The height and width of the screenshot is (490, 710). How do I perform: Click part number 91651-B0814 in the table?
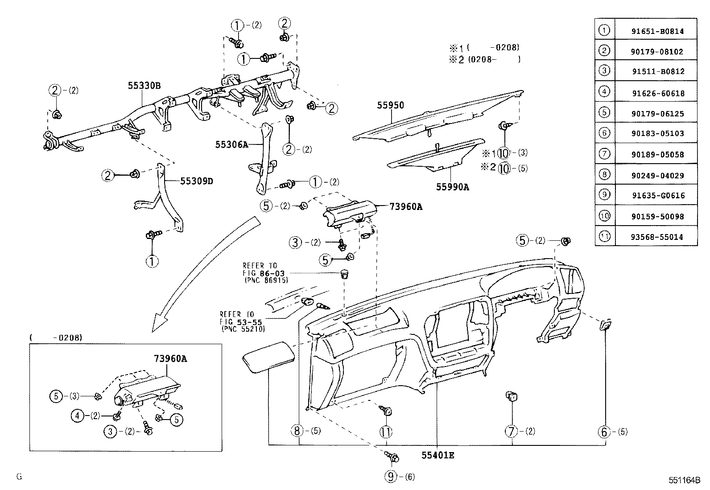(x=657, y=31)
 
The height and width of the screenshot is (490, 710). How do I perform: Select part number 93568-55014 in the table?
(x=657, y=237)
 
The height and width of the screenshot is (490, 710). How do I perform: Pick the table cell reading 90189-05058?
(x=657, y=155)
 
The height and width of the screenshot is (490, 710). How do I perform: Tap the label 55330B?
(x=144, y=86)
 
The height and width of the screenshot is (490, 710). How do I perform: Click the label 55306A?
(x=231, y=144)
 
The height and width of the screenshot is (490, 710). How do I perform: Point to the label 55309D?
(x=197, y=181)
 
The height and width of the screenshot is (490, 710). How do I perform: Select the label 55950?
(x=390, y=106)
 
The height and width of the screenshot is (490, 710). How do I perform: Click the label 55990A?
(x=452, y=187)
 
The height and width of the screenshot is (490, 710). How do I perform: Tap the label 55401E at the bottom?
(x=438, y=455)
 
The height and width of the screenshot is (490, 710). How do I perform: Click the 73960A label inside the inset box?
(x=170, y=358)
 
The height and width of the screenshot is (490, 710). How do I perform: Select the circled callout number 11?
(x=385, y=432)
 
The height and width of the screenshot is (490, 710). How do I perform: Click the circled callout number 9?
(x=391, y=477)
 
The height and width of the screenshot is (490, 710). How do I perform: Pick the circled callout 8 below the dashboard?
(x=297, y=431)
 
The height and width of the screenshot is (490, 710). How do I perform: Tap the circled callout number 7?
(x=512, y=431)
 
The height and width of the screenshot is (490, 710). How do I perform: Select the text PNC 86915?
(x=266, y=280)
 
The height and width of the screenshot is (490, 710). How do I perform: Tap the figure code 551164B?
(x=684, y=480)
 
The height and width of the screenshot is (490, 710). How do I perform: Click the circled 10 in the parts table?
(x=604, y=216)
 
